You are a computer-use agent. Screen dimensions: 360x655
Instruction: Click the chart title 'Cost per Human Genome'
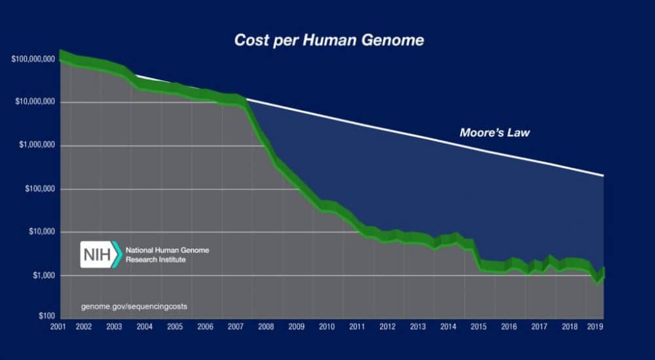329,41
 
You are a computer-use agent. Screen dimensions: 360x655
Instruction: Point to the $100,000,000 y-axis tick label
33,60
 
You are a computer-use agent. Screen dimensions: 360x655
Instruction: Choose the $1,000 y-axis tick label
43,276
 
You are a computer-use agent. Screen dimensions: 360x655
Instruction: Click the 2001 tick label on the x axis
58,326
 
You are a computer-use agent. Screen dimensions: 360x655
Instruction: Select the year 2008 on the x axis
265,326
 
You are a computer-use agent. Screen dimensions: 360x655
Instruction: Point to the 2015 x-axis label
478,326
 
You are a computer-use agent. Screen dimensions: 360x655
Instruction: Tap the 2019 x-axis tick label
595,326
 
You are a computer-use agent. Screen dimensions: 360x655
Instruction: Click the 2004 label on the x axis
144,326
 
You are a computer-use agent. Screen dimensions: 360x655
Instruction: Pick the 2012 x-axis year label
388,326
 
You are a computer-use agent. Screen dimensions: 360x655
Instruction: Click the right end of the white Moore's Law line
603,175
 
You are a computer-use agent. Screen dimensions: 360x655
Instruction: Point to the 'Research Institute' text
155,260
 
